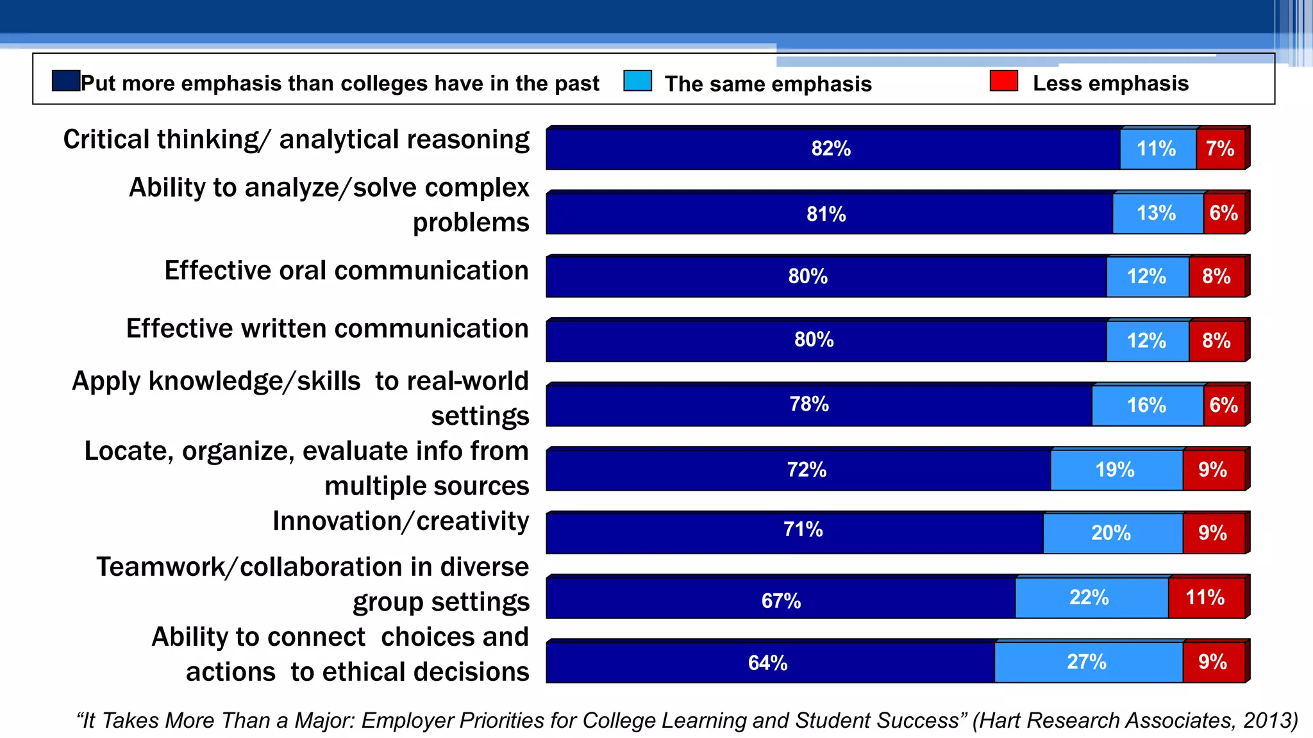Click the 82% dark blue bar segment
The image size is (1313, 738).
(x=832, y=149)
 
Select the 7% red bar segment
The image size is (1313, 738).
(x=1220, y=149)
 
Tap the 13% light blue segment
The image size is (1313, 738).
(x=1157, y=213)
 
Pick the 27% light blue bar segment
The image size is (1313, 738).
(x=1087, y=662)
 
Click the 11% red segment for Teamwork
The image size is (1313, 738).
(x=1205, y=598)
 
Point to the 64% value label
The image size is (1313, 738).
(x=767, y=662)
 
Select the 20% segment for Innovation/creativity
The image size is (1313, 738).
(x=1111, y=533)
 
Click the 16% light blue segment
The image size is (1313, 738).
(x=1147, y=405)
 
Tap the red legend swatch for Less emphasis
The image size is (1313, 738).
(x=1003, y=81)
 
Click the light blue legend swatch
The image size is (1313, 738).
(x=637, y=81)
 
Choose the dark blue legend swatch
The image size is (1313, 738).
(x=65, y=81)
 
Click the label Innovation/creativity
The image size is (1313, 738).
(x=401, y=521)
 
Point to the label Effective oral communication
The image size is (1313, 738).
(x=346, y=271)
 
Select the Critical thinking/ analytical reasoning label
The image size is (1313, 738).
(x=296, y=140)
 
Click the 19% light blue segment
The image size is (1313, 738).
(x=1115, y=470)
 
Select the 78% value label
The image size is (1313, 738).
(x=809, y=404)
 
